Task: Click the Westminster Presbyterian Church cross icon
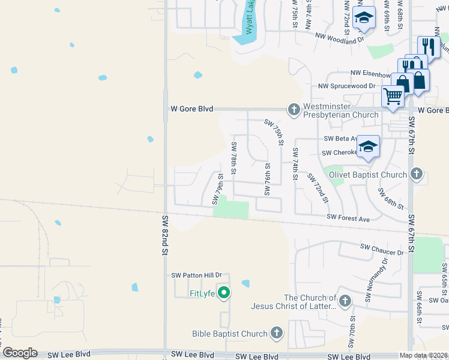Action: pyautogui.click(x=294, y=109)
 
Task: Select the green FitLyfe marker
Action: pyautogui.click(x=224, y=293)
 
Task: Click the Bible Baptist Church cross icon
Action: pyautogui.click(x=276, y=333)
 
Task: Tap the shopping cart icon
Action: pyautogui.click(x=393, y=96)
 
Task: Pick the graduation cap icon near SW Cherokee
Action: pyautogui.click(x=367, y=146)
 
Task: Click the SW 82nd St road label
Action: pyautogui.click(x=163, y=235)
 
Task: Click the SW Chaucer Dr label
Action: pyautogui.click(x=382, y=249)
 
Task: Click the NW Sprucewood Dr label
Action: pyautogui.click(x=346, y=86)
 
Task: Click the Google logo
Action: pyautogui.click(x=19, y=353)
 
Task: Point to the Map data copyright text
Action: pyautogui.click(x=424, y=355)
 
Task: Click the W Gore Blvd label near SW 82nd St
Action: pyautogui.click(x=192, y=109)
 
